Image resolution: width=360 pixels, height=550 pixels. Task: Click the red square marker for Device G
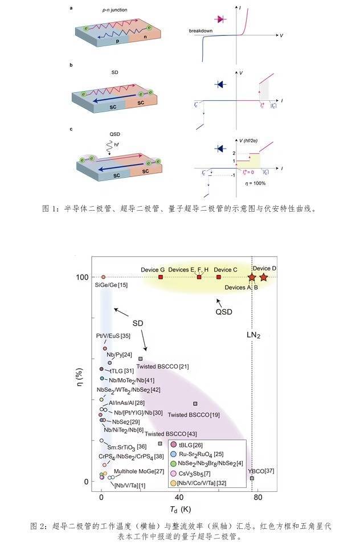click(161, 277)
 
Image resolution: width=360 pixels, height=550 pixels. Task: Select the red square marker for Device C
click(219, 277)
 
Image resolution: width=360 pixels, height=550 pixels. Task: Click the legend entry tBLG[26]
click(191, 445)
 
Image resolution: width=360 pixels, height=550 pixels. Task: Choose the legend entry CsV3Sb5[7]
click(195, 474)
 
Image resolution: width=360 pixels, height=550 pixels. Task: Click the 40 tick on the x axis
click(179, 498)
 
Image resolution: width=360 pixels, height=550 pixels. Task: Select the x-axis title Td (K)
click(178, 509)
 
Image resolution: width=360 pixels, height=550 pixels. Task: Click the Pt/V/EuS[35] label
click(113, 336)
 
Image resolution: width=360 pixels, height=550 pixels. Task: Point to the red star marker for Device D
click(264, 277)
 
